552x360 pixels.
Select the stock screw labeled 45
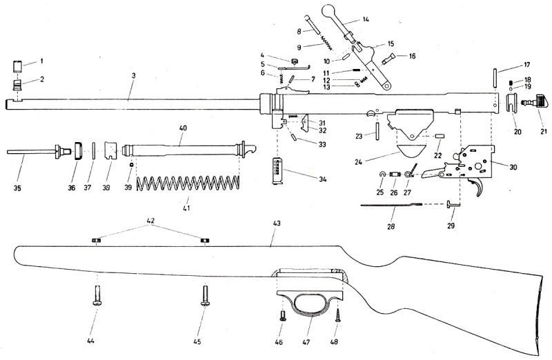[204, 299]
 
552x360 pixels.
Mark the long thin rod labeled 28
[393, 205]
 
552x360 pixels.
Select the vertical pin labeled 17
[495, 76]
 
